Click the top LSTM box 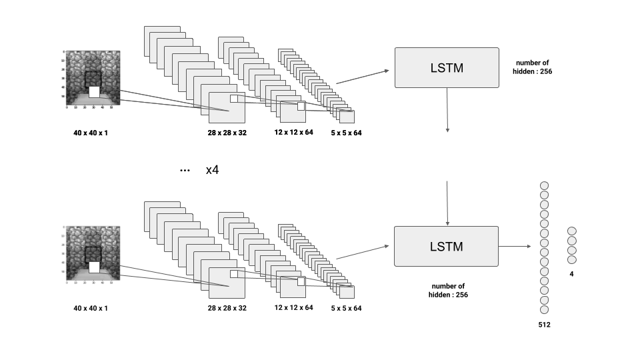click(x=447, y=67)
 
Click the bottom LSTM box click(x=446, y=246)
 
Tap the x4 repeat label click(x=212, y=170)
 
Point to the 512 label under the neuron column click(x=544, y=325)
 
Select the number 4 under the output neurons click(x=571, y=274)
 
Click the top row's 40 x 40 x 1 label click(x=91, y=133)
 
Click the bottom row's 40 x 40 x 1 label click(x=91, y=308)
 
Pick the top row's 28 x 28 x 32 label click(x=227, y=133)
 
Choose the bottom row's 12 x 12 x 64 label click(x=293, y=307)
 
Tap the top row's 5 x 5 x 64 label click(x=346, y=133)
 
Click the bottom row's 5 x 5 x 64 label click(x=346, y=308)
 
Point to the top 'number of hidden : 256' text click(x=532, y=67)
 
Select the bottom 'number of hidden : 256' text click(x=448, y=290)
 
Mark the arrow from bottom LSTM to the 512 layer click(x=515, y=246)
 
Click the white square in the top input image click(x=94, y=92)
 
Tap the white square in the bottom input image click(x=94, y=267)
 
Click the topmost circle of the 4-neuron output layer click(x=571, y=231)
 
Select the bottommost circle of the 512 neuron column click(x=544, y=309)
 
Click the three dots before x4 click(x=185, y=171)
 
